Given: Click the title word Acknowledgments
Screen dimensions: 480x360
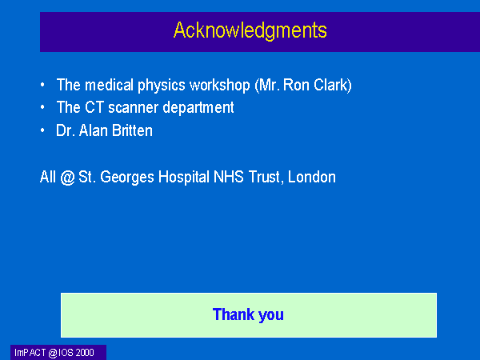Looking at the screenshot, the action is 250,30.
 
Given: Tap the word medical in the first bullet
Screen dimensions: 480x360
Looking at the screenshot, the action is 110,85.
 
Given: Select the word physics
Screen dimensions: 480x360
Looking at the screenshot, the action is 162,86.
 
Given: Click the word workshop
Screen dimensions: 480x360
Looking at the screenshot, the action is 220,86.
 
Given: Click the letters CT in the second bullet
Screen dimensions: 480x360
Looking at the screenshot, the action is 94,107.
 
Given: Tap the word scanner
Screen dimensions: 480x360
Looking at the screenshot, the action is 133,108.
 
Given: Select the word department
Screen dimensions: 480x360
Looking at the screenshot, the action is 198,108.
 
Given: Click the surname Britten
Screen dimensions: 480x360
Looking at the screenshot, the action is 132,130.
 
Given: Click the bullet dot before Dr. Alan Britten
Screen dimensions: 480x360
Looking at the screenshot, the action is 42,130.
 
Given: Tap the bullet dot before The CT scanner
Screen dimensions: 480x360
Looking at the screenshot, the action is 42,107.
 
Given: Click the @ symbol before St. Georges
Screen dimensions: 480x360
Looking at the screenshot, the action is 67,178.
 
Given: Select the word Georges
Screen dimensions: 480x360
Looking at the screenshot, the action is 127,178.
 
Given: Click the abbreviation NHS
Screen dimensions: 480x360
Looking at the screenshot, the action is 228,177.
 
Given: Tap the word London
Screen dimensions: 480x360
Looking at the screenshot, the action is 312,177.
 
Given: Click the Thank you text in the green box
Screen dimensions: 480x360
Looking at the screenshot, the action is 248,314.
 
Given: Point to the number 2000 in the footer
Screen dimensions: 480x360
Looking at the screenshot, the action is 85,353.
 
